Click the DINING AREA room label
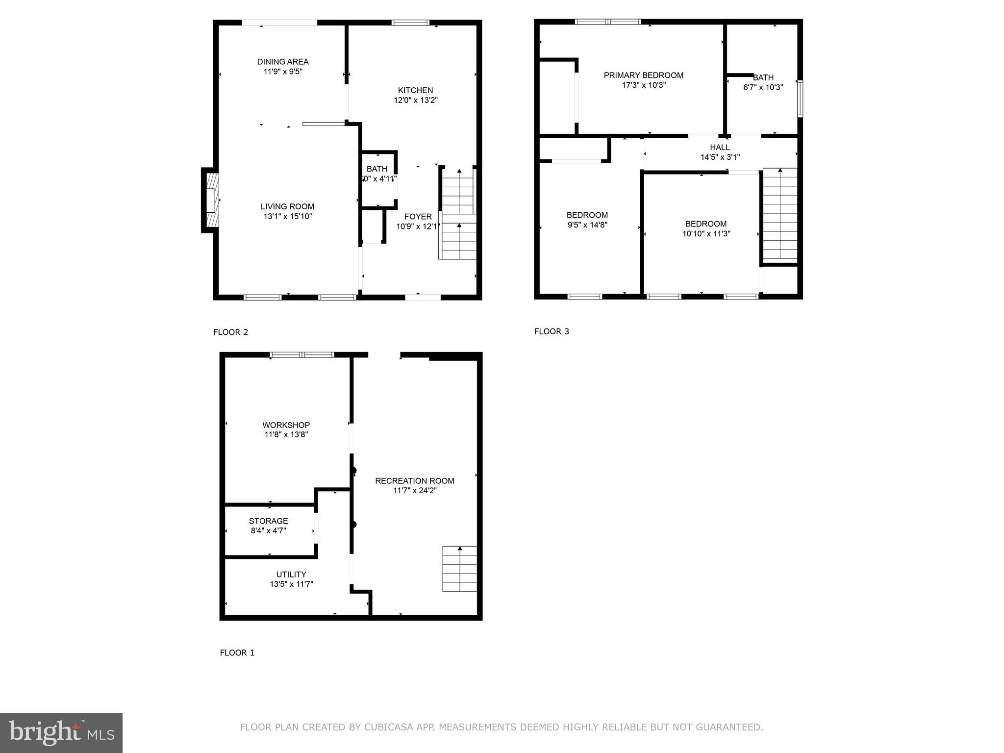coord(283,62)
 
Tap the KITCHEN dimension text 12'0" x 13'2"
coord(415,100)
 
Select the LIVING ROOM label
coord(287,207)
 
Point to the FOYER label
coord(418,217)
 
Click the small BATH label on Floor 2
coord(376,169)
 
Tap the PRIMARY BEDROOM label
coord(643,75)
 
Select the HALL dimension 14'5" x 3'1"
coord(720,157)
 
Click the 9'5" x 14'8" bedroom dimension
coord(587,225)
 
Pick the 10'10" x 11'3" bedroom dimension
coord(706,234)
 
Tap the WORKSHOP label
coord(286,425)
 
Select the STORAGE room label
coord(268,521)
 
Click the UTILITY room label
coord(291,575)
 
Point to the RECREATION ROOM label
coord(414,481)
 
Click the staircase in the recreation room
coord(459,569)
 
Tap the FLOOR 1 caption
coord(237,653)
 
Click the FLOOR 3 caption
coord(552,331)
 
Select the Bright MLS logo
coord(61,733)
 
